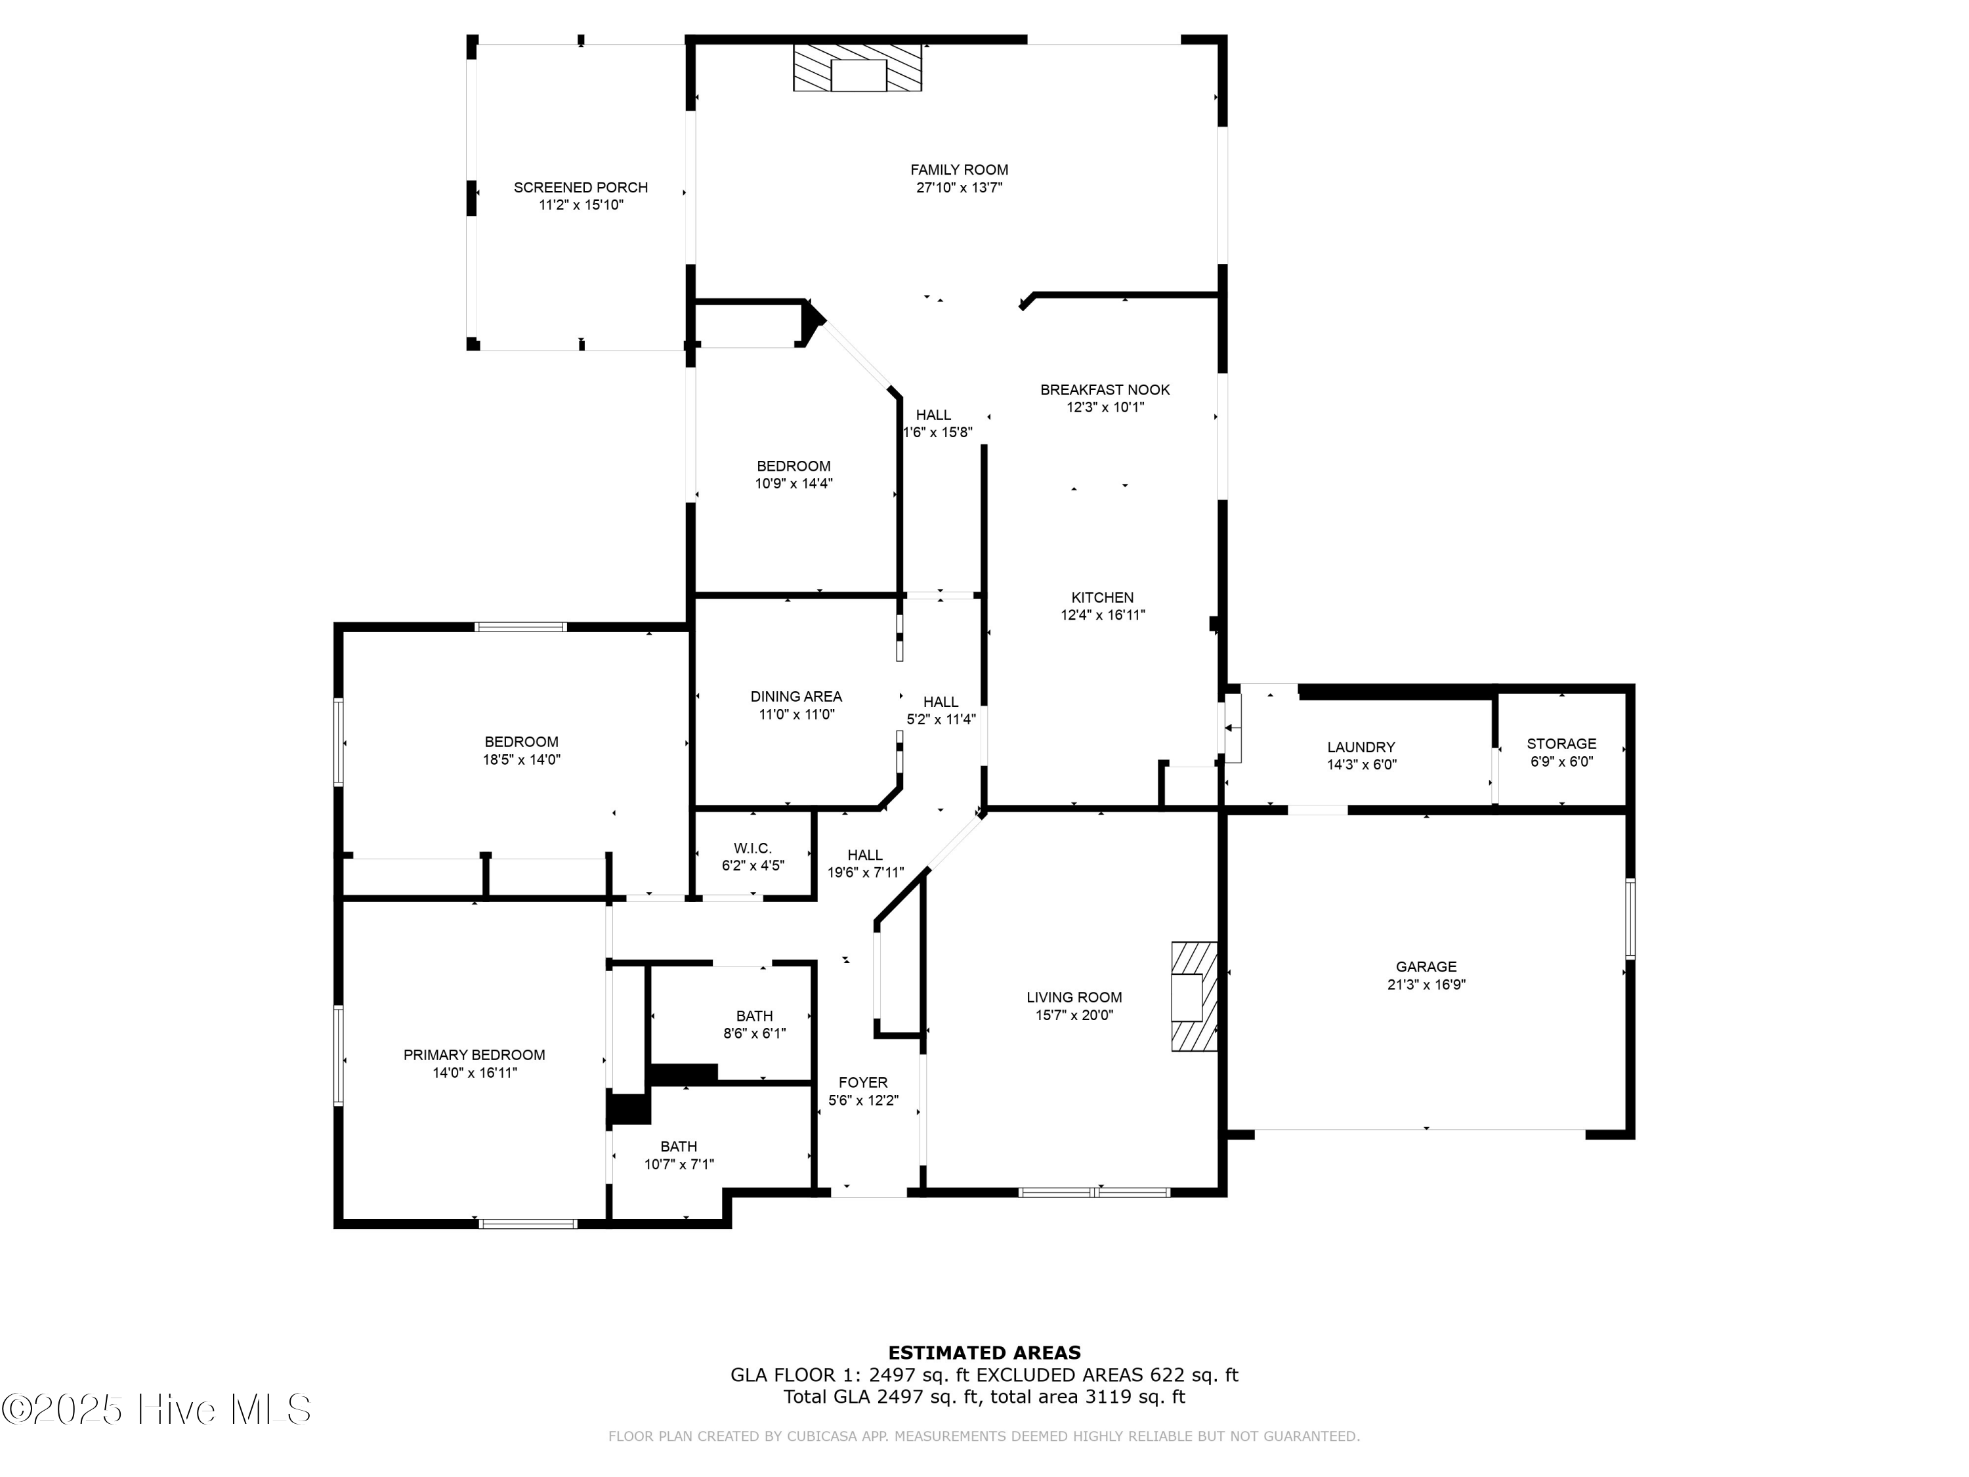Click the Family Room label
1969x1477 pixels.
pyautogui.click(x=959, y=170)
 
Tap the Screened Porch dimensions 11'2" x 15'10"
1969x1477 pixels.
pyautogui.click(x=580, y=205)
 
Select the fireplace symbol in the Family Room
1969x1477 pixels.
pyautogui.click(x=857, y=68)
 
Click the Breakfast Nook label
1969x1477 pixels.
pyautogui.click(x=1105, y=390)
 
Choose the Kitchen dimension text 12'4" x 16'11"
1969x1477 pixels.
pyautogui.click(x=1102, y=615)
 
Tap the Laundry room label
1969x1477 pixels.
pyautogui.click(x=1360, y=748)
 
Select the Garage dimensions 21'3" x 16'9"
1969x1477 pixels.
pyautogui.click(x=1426, y=985)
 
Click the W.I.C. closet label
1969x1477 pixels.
pyautogui.click(x=752, y=848)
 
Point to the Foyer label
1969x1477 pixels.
pyautogui.click(x=862, y=1082)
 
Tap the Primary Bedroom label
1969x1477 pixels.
pyautogui.click(x=474, y=1055)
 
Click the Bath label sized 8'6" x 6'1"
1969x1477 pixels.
pyautogui.click(x=754, y=1016)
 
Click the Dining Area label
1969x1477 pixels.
pyautogui.click(x=795, y=697)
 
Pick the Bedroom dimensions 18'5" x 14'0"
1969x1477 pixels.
pyautogui.click(x=520, y=760)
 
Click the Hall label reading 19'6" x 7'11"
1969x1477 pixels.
pyautogui.click(x=865, y=873)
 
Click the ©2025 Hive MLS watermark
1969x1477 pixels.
pyautogui.click(x=156, y=1409)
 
